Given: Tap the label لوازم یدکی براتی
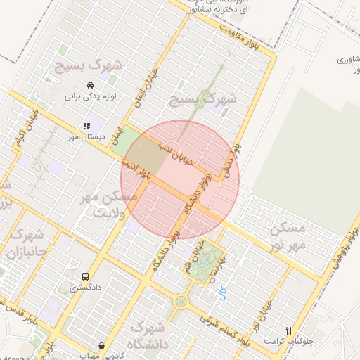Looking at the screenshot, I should click(x=90, y=96).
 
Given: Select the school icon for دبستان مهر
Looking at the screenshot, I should click(x=86, y=127).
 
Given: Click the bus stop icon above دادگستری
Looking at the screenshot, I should click(x=86, y=277).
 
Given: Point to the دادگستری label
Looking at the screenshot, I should click(x=86, y=288).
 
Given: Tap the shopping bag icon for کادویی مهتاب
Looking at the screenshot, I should click(x=103, y=346).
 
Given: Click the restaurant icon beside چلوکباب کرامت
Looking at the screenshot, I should click(x=288, y=330).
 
